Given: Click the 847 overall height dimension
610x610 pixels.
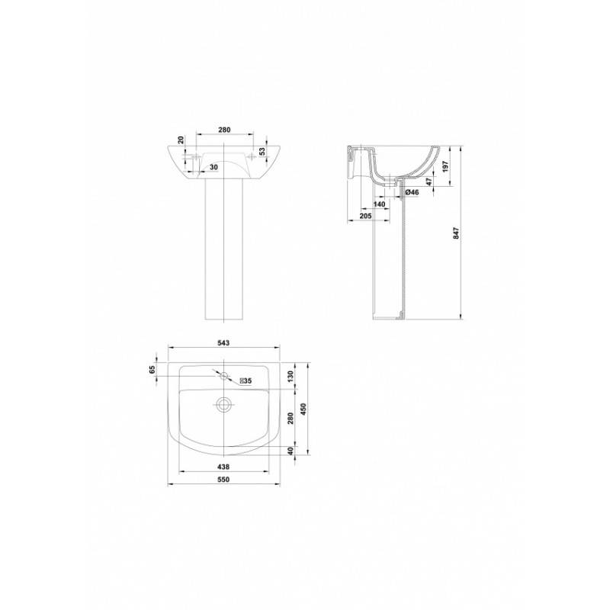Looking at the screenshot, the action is point(457,233).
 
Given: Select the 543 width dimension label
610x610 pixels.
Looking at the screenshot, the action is point(223,342).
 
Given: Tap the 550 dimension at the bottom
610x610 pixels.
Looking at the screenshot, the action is point(223,480).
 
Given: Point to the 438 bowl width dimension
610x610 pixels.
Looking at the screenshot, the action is point(223,467).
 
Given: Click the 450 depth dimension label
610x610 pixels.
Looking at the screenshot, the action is point(303,409).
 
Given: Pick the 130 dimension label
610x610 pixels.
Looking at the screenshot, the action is point(290,376).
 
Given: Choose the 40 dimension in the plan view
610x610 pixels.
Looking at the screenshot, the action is point(290,451).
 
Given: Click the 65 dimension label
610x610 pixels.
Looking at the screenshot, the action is point(152,369).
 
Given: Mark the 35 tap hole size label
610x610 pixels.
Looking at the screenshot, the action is point(246,381).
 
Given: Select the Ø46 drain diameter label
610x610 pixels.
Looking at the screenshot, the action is point(412,192).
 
